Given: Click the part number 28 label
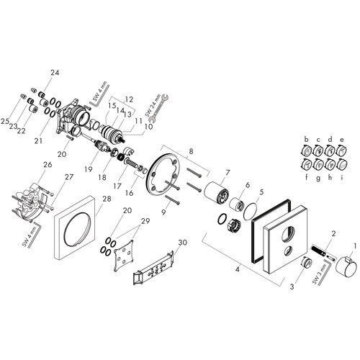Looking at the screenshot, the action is [107, 199].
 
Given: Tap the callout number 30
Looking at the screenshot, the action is [183, 243].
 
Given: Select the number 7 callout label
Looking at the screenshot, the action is [228, 172].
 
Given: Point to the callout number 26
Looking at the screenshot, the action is [48, 164].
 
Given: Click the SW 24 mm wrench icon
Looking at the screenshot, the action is [158, 107].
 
